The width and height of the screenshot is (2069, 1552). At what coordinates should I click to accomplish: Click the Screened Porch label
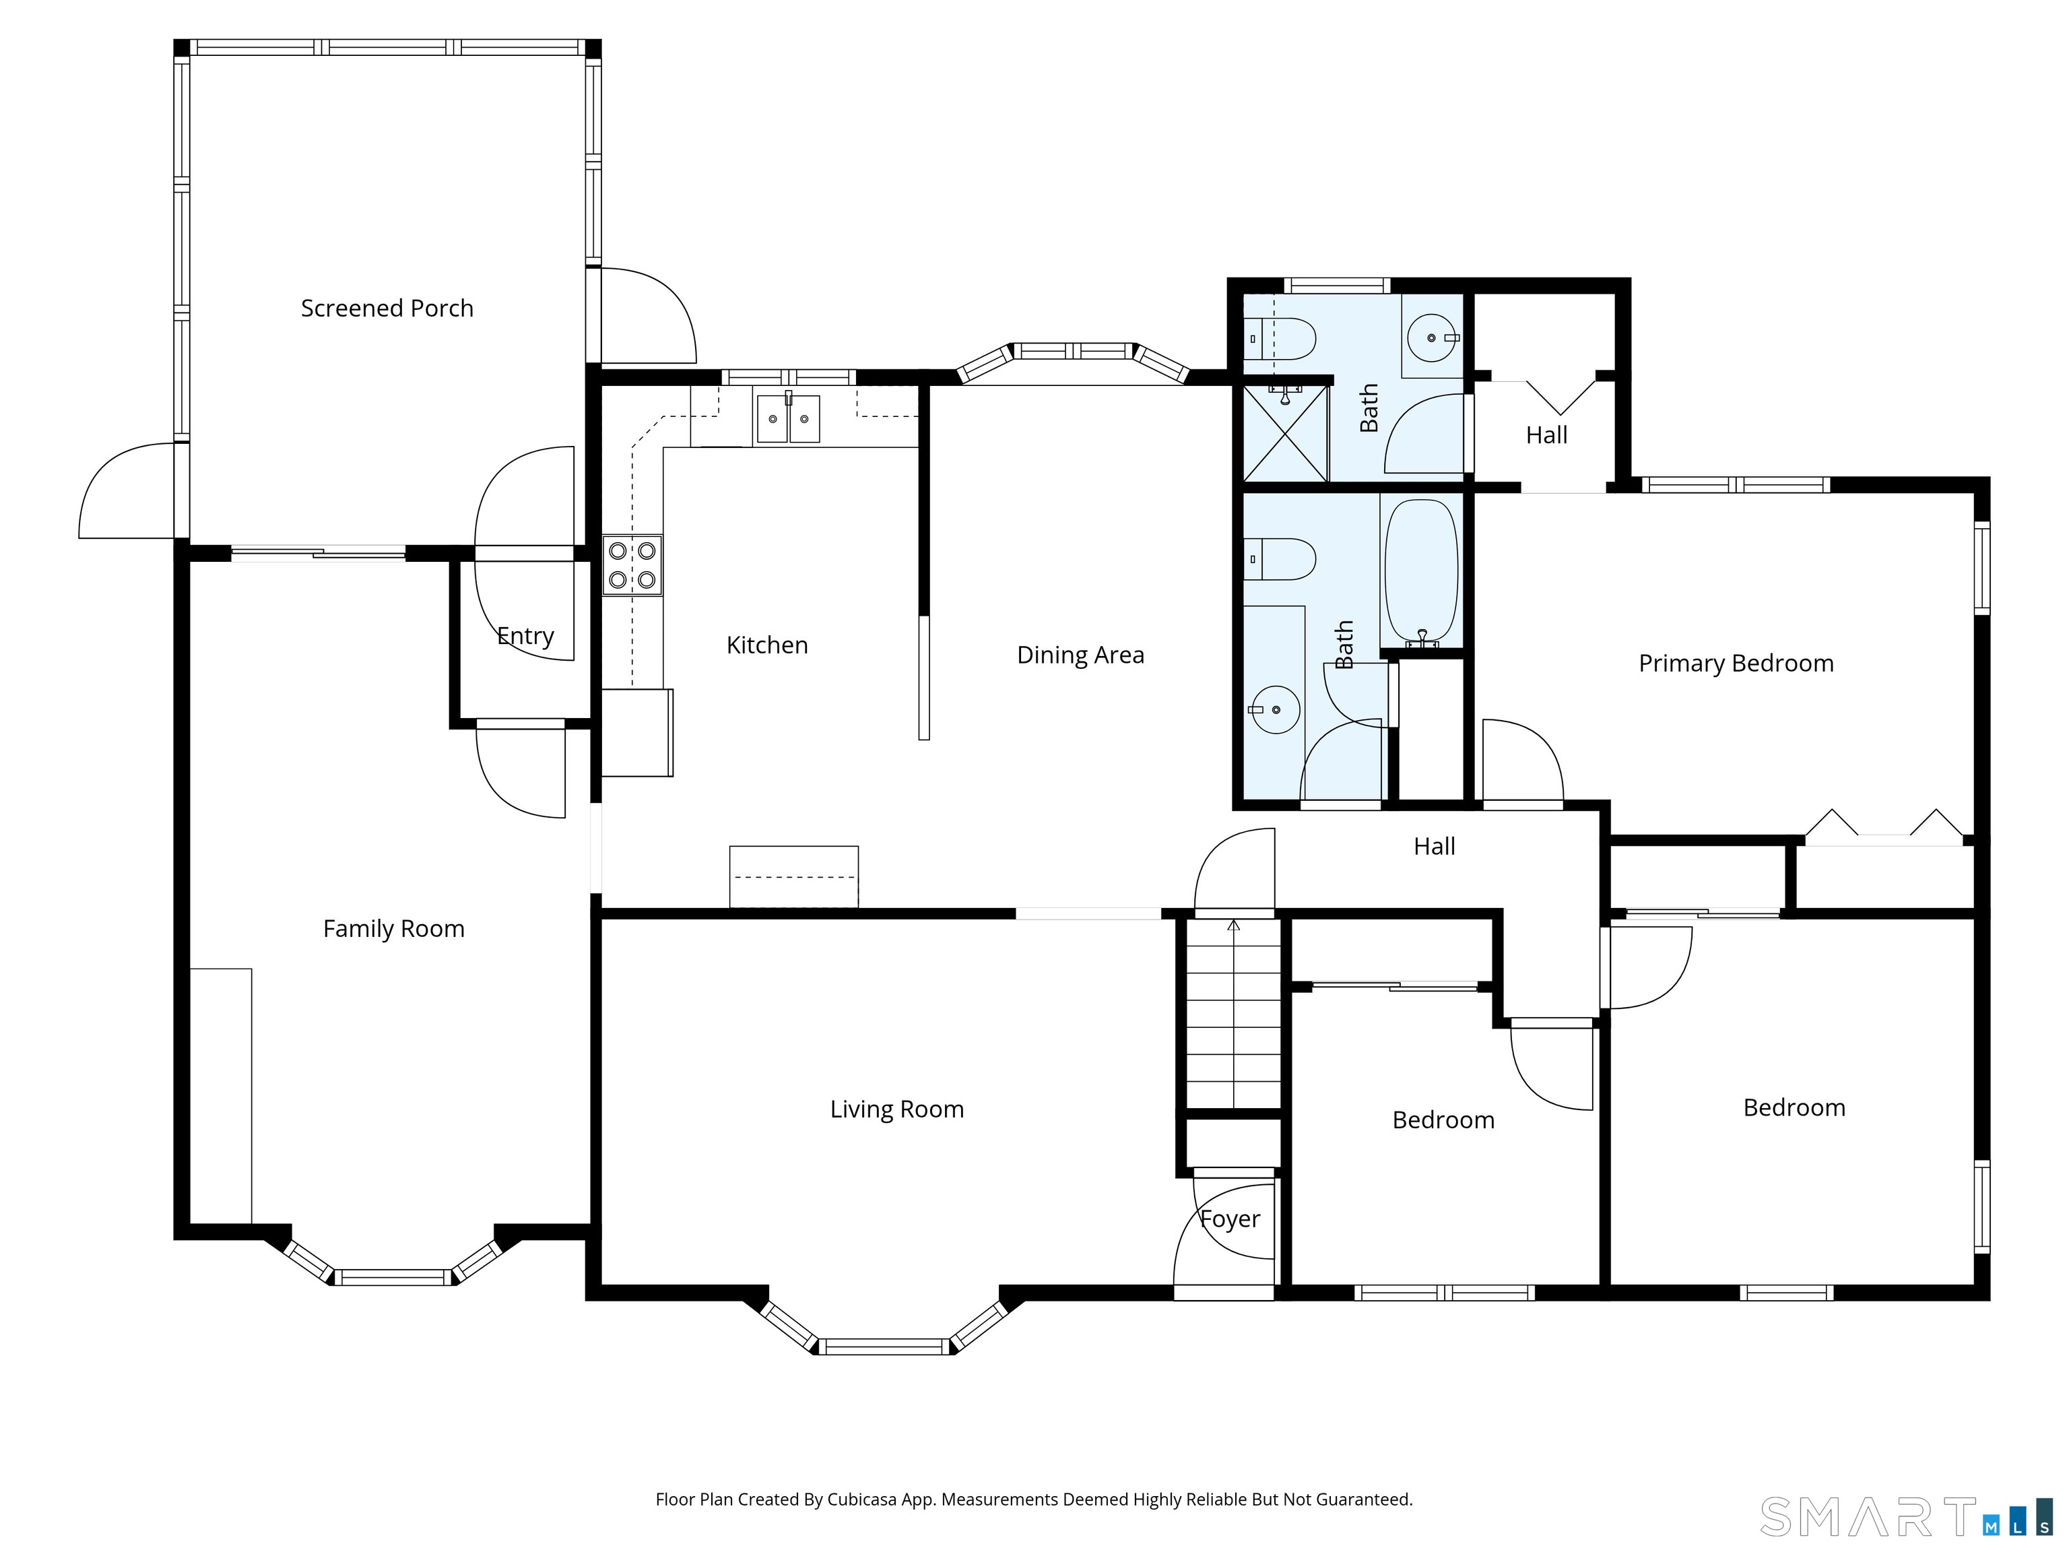pyautogui.click(x=387, y=309)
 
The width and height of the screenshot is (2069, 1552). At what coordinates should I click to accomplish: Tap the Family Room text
pyautogui.click(x=394, y=929)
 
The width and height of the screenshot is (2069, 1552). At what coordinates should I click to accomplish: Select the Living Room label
pyautogui.click(x=897, y=1109)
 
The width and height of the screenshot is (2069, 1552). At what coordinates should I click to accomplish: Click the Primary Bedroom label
pyautogui.click(x=1736, y=664)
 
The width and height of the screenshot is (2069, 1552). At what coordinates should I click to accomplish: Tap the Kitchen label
pyautogui.click(x=767, y=645)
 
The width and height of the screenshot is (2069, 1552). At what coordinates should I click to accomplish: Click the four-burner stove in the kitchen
pyautogui.click(x=632, y=565)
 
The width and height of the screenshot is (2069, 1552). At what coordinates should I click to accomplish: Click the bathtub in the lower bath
pyautogui.click(x=1421, y=573)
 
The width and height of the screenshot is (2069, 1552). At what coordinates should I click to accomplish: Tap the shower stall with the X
pyautogui.click(x=1285, y=433)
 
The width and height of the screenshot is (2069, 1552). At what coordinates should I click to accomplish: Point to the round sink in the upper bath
pyautogui.click(x=1432, y=337)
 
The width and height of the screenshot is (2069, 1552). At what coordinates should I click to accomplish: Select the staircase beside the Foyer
pyautogui.click(x=1234, y=1014)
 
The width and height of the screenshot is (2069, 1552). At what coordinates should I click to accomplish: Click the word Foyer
pyautogui.click(x=1230, y=1220)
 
